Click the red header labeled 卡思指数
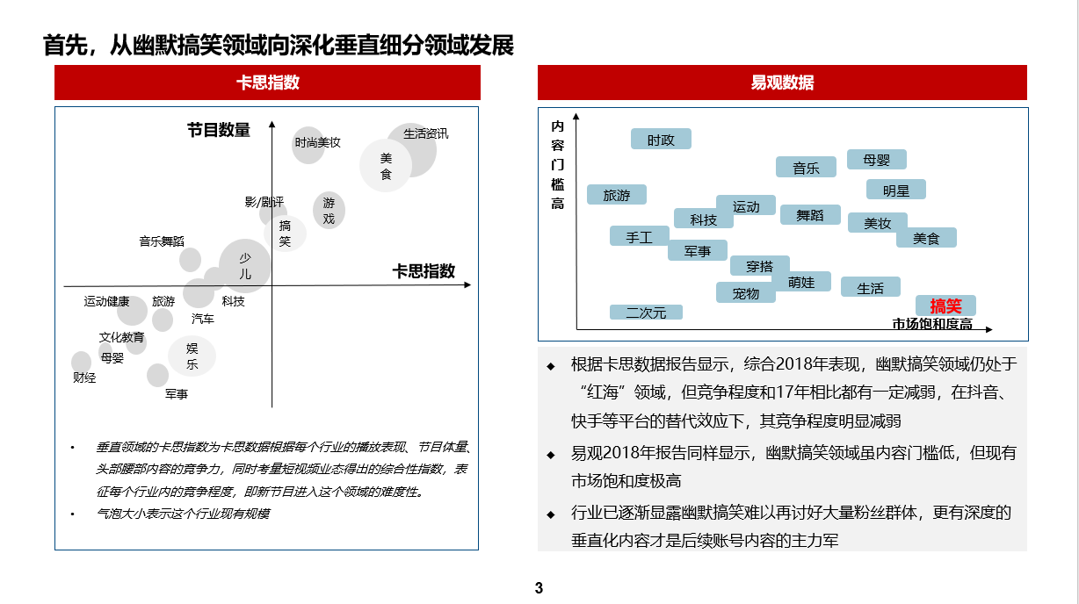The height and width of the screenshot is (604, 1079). pyautogui.click(x=267, y=83)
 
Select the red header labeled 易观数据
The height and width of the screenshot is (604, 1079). pyautogui.click(x=782, y=83)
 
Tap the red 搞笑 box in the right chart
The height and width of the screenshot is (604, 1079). pyautogui.click(x=945, y=306)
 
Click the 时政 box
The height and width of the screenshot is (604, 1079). pyautogui.click(x=661, y=140)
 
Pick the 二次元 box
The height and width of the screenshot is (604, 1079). pyautogui.click(x=646, y=312)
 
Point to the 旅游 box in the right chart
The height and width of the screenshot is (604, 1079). pyautogui.click(x=617, y=195)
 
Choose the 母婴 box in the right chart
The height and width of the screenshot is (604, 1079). pyautogui.click(x=876, y=160)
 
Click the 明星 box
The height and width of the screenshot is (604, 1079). pyautogui.click(x=895, y=190)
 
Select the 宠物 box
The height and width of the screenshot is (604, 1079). pyautogui.click(x=745, y=293)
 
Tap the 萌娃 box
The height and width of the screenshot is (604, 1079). pyautogui.click(x=801, y=282)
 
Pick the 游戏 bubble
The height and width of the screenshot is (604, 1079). pyautogui.click(x=329, y=211)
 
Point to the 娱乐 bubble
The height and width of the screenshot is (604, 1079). pyautogui.click(x=192, y=356)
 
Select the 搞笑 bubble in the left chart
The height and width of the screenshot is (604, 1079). pyautogui.click(x=286, y=234)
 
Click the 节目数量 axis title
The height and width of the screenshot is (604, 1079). pyautogui.click(x=218, y=131)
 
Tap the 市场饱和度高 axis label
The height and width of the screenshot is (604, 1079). pyautogui.click(x=932, y=324)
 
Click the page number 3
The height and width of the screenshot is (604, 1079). pyautogui.click(x=539, y=587)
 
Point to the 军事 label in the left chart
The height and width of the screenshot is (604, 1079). pyautogui.click(x=176, y=394)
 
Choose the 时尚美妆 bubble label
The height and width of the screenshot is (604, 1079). pyautogui.click(x=317, y=142)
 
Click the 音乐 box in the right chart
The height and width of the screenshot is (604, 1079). pyautogui.click(x=806, y=168)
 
